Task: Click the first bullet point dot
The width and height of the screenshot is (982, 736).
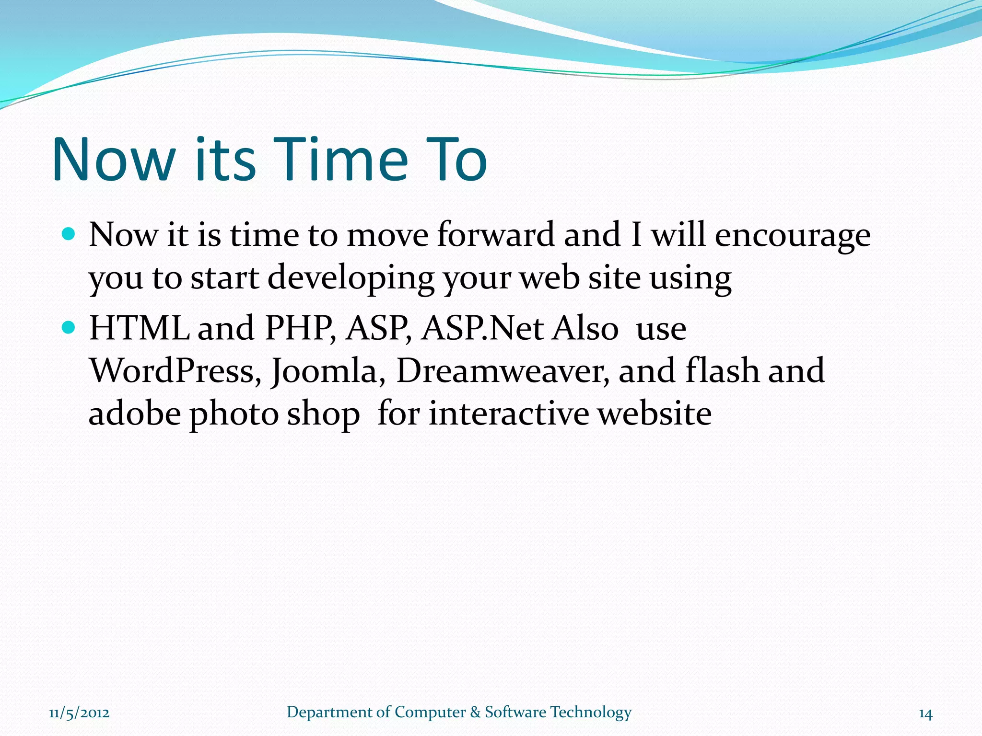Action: point(70,234)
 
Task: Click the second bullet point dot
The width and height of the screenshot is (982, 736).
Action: point(70,328)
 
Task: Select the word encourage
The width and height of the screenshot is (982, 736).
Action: point(792,236)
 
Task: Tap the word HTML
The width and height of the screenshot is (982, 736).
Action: point(139,328)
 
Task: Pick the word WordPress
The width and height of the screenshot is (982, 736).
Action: point(175,371)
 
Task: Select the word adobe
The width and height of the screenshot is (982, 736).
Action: point(135,413)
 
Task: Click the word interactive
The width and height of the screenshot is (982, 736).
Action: point(508,413)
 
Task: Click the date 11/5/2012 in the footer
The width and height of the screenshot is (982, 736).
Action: point(79,713)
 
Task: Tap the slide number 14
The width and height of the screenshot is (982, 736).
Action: point(925,714)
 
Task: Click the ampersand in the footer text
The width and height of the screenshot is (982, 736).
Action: point(475,713)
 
